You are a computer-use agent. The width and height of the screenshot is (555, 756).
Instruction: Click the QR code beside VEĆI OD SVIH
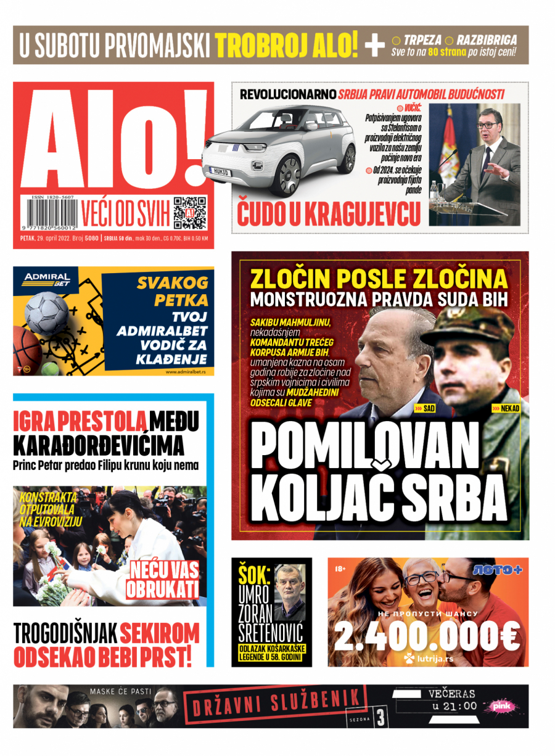coord(189,213)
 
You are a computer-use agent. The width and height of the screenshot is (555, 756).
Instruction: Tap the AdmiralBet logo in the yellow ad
coord(47,279)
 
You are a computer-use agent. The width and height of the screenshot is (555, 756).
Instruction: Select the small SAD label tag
coord(425,408)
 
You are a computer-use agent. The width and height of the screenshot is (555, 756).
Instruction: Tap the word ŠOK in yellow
coord(254,575)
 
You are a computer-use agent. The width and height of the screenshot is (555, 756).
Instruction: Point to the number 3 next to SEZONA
coord(380,717)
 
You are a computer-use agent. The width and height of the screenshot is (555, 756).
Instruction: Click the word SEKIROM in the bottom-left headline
coord(160,634)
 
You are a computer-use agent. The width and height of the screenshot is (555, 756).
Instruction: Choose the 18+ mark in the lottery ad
coord(340,568)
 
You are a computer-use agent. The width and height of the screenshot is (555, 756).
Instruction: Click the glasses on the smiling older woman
coord(421,578)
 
